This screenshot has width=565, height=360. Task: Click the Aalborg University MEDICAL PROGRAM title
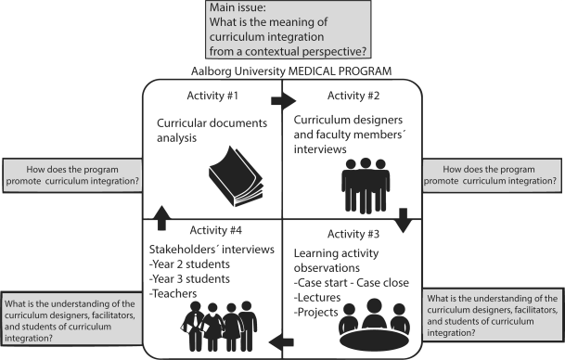coord(282,71)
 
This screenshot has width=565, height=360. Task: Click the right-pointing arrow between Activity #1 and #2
coord(279,97)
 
